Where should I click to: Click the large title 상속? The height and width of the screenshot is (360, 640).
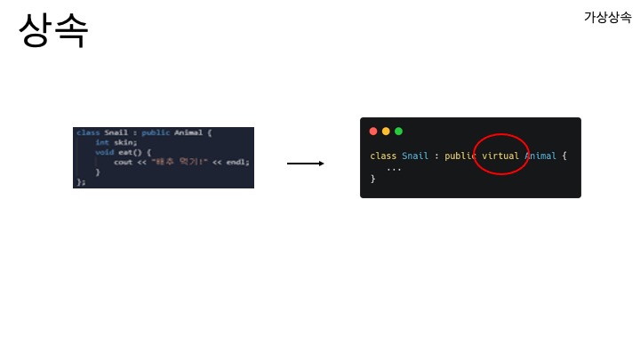click(53, 31)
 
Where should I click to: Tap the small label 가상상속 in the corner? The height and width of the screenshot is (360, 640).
click(607, 17)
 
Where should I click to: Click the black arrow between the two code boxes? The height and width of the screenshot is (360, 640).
click(305, 164)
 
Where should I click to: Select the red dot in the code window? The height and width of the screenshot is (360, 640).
click(373, 132)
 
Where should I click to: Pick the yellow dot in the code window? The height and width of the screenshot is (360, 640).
click(386, 132)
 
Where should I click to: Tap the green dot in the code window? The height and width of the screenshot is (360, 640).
click(398, 132)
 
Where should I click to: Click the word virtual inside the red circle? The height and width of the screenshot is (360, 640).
click(500, 156)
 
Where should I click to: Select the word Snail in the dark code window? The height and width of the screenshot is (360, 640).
click(415, 156)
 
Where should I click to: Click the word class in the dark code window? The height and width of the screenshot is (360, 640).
click(383, 156)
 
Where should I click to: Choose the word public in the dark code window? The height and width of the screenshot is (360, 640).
click(460, 156)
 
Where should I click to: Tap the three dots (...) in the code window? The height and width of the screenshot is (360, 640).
click(394, 168)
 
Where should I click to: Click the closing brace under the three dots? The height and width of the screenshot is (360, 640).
click(372, 179)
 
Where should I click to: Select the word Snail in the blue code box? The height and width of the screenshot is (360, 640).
click(116, 132)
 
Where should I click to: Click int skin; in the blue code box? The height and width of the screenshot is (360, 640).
click(116, 142)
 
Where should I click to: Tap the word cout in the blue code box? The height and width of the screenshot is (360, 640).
click(123, 162)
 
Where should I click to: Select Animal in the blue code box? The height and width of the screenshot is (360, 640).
click(188, 132)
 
